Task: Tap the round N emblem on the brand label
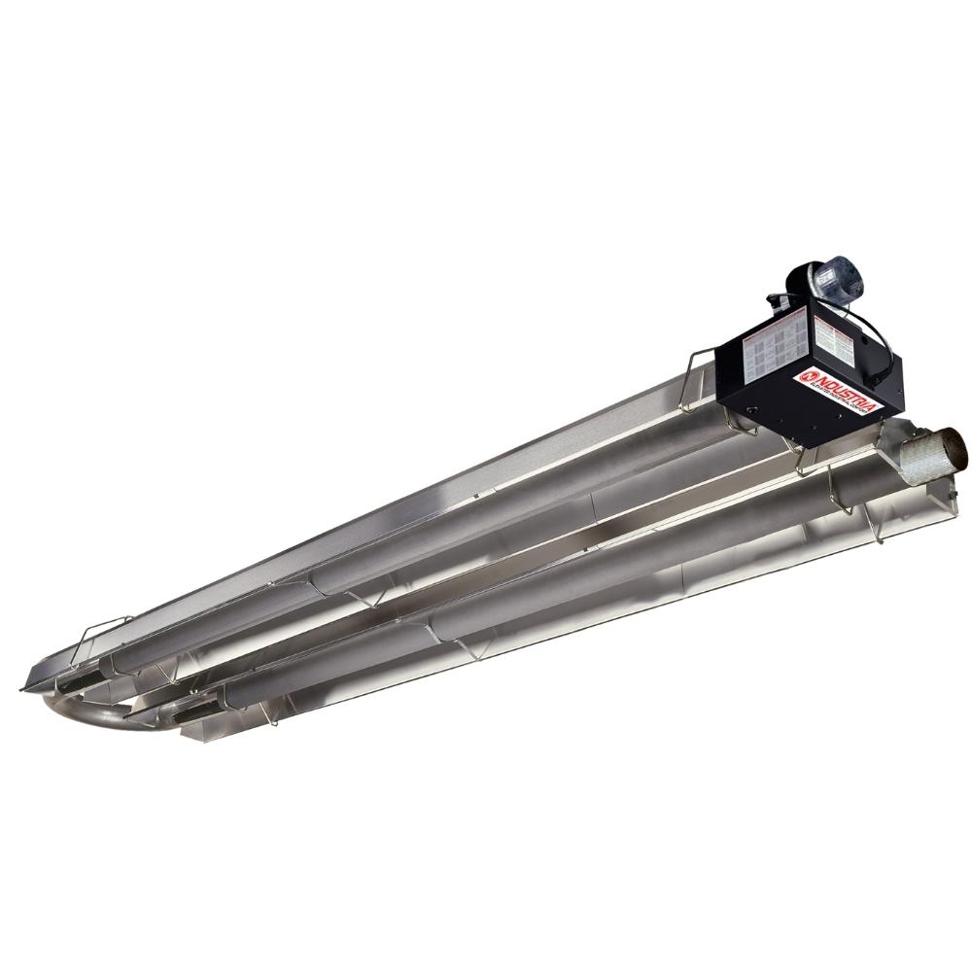[805, 375]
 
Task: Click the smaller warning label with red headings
[834, 341]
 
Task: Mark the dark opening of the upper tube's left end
[73, 685]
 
